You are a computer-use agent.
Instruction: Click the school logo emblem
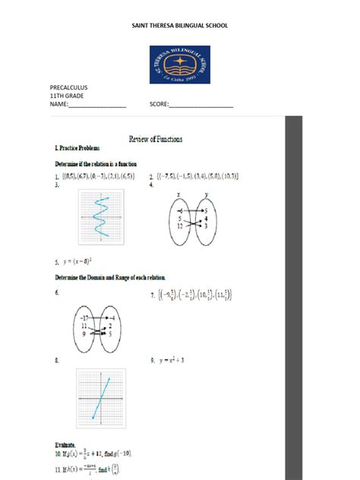coord(179,65)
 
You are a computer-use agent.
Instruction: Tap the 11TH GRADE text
coord(68,96)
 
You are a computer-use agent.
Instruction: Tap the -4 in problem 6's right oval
coord(111,317)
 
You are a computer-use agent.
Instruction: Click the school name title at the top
coord(180,26)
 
